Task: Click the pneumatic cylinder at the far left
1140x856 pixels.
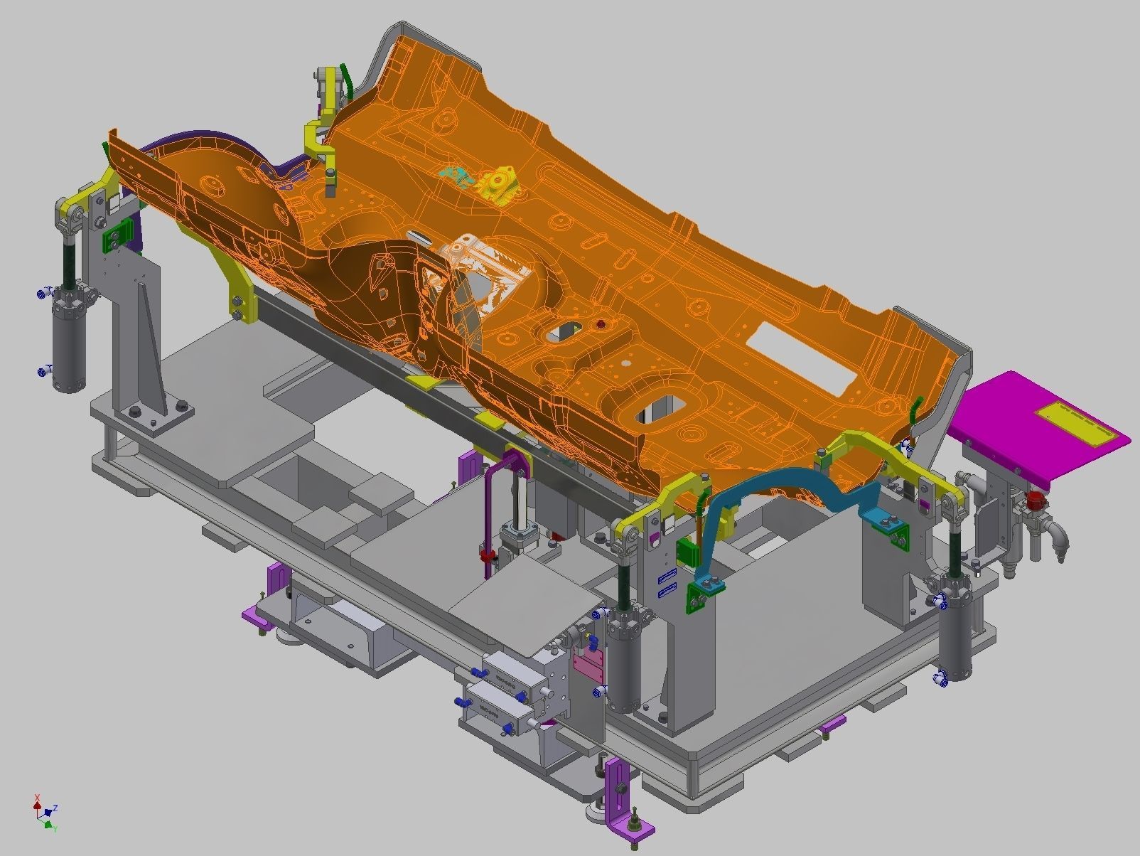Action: coord(68,341)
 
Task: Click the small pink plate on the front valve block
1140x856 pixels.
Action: coord(588,667)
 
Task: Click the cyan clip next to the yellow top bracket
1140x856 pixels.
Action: coord(455,175)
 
